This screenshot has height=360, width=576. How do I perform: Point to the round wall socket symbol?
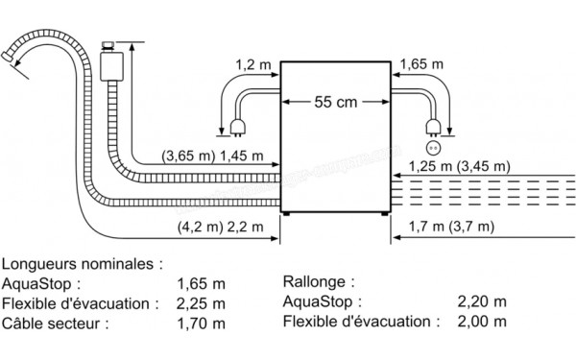pyautogui.click(x=434, y=148)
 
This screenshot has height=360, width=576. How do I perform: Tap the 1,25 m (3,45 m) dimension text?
pyautogui.click(x=459, y=166)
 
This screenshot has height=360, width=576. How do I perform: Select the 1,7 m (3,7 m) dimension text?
pyautogui.click(x=450, y=228)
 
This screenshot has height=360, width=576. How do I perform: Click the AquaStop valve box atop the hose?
pyautogui.click(x=108, y=64)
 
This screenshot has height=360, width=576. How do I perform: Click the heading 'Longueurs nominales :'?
pyautogui.click(x=83, y=262)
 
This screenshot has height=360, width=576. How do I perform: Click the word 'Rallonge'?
pyautogui.click(x=316, y=282)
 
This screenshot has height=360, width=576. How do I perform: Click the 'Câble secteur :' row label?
pyautogui.click(x=56, y=323)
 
